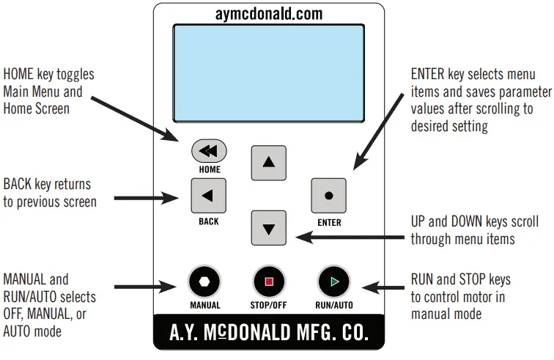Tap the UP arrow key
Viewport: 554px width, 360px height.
(269, 162)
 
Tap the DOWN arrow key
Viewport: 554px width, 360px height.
(269, 228)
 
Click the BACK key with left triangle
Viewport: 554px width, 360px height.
(208, 195)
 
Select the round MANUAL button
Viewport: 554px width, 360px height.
(204, 282)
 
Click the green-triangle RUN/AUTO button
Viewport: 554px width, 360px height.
(334, 282)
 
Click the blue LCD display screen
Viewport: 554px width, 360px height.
(269, 73)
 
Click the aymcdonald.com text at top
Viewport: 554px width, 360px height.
(269, 15)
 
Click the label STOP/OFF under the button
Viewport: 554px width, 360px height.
(269, 305)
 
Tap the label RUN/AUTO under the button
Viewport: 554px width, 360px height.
(334, 305)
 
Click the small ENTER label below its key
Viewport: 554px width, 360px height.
(329, 223)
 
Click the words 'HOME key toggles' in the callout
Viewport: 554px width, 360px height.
(48, 75)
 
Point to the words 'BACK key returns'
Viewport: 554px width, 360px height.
(47, 185)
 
